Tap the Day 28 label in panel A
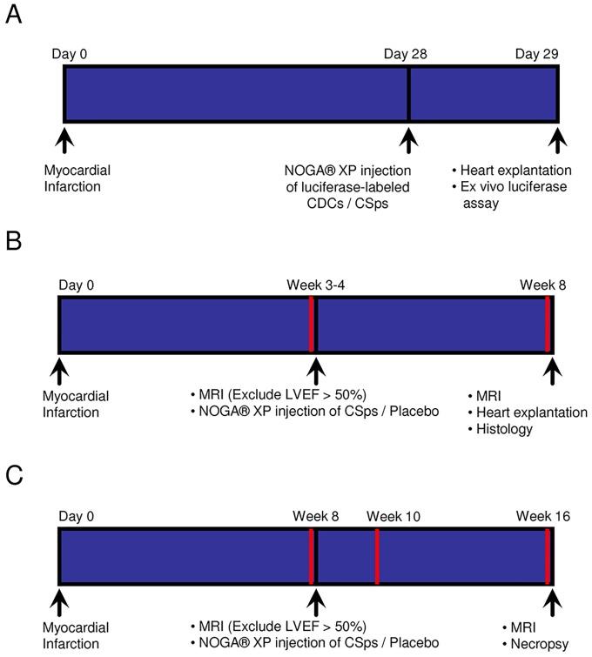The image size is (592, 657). [x=407, y=55]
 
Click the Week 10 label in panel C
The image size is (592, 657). [x=393, y=517]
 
